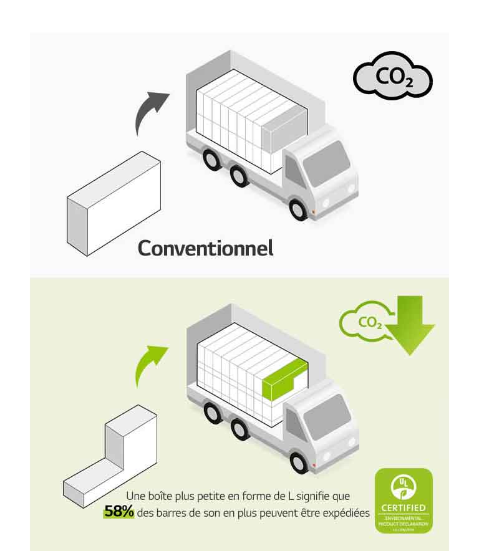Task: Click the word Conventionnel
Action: tap(205, 247)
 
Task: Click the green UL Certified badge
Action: tap(403, 501)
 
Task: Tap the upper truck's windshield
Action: tap(326, 163)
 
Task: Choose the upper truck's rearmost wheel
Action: tap(212, 160)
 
